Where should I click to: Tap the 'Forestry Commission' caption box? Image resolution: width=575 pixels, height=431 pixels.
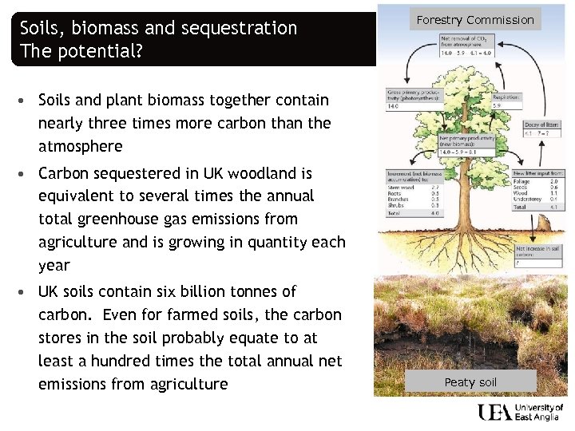[475, 19]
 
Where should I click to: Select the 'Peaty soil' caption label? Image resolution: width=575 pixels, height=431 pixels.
[470, 382]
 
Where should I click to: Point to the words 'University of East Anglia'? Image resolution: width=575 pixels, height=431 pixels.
[540, 413]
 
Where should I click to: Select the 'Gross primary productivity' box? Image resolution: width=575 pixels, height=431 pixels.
[405, 97]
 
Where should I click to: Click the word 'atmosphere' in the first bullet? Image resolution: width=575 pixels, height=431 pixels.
[81, 146]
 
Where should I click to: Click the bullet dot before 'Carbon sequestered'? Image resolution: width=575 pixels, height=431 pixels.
[26, 173]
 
